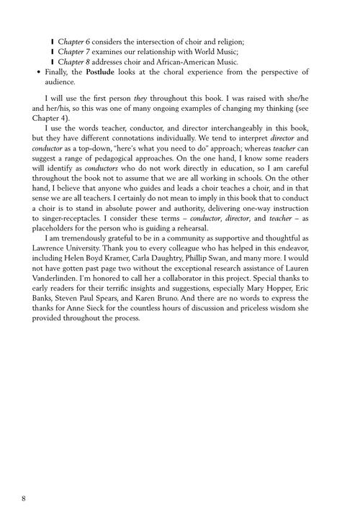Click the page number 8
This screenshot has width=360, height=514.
click(24, 478)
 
